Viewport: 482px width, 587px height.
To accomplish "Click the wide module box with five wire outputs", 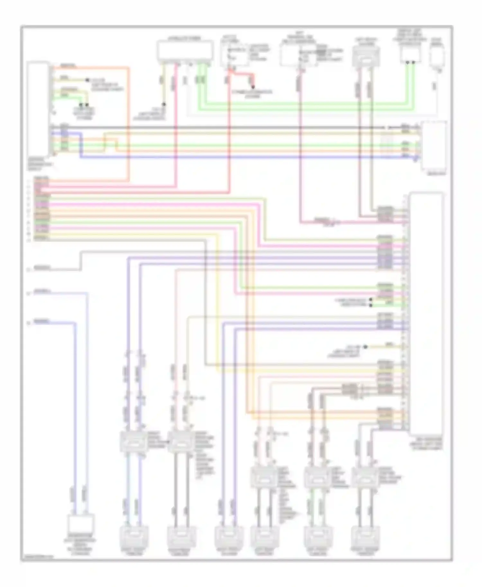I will tap(185, 51).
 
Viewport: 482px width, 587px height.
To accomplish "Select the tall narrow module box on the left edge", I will tap(39, 109).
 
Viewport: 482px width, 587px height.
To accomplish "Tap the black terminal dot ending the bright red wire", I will tap(253, 87).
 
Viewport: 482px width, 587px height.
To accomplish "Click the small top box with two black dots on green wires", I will tap(411, 55).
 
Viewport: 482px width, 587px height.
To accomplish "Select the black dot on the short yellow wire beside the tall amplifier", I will tap(365, 347).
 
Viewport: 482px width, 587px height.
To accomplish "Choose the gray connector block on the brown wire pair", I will tap(349, 389).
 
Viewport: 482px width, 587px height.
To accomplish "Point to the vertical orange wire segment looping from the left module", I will tap(129, 125).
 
